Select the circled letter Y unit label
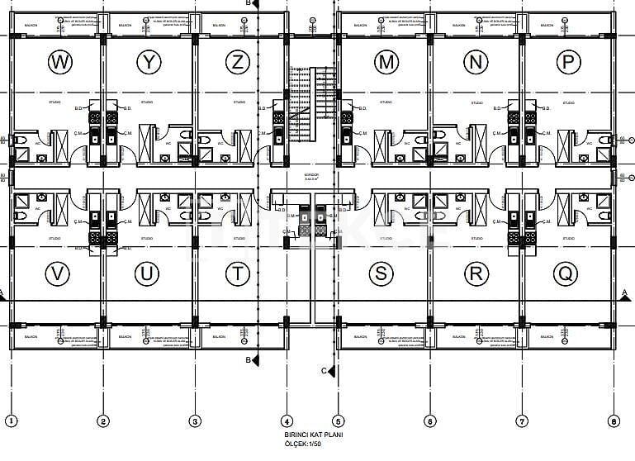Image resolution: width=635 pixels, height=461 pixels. tap(149, 61)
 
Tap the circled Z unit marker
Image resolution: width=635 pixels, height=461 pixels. tap(239, 61)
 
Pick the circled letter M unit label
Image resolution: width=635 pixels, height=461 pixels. tap(385, 61)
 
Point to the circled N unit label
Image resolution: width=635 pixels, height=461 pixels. tap(474, 61)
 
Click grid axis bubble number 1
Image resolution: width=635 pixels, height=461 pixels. tap(12, 421)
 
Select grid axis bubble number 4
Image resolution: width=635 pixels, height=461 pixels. tap(287, 421)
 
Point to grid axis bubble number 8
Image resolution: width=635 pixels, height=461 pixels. tap(613, 421)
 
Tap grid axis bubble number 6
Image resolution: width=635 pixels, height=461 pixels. tap(429, 421)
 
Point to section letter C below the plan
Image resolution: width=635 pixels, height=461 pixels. tap(325, 370)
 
